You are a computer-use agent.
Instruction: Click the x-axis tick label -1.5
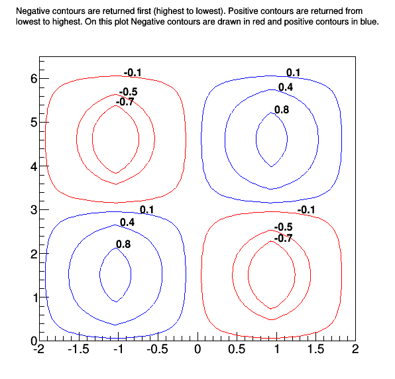(78, 349)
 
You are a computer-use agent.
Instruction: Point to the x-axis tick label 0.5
(237, 349)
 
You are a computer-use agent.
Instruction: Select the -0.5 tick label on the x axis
(158, 349)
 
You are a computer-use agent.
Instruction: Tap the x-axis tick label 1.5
(315, 349)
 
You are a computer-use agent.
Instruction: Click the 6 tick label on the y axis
(34, 79)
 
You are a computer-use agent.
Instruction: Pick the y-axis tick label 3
(34, 210)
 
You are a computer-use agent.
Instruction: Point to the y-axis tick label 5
(34, 123)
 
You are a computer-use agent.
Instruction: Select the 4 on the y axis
(34, 166)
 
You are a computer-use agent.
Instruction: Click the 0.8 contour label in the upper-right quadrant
(282, 110)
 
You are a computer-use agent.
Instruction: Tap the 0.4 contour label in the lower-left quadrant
(127, 223)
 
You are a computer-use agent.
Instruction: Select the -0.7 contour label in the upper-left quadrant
(125, 102)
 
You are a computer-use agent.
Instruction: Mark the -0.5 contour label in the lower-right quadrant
(283, 227)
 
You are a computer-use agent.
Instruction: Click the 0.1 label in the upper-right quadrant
(293, 73)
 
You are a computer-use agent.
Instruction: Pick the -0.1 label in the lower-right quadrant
(306, 210)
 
